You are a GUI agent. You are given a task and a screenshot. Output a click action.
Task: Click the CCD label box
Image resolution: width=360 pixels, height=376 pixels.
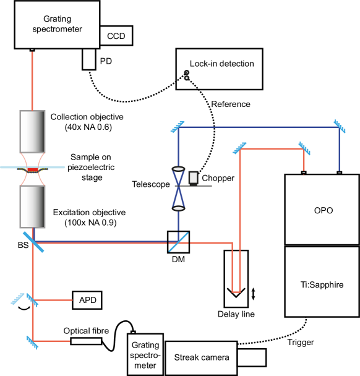[x=116, y=36]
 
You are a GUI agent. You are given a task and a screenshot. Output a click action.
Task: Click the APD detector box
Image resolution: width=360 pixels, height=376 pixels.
[x=87, y=300]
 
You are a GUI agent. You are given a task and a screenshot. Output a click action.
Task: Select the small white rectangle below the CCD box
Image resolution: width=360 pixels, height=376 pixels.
[x=89, y=59]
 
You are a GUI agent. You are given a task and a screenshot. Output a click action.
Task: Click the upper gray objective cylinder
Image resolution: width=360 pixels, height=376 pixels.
[x=32, y=131]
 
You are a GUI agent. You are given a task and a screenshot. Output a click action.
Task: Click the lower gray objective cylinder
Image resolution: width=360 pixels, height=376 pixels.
[x=32, y=207]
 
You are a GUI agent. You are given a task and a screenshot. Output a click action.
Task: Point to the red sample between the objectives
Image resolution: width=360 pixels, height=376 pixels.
[x=32, y=169]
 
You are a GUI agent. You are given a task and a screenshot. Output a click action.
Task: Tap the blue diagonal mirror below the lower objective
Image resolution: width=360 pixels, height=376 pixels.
[x=33, y=242]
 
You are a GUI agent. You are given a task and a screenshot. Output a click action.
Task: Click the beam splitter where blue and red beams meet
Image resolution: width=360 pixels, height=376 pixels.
[x=178, y=242]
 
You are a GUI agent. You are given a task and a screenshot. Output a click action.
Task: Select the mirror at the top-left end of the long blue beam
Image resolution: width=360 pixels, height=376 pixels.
[x=178, y=127]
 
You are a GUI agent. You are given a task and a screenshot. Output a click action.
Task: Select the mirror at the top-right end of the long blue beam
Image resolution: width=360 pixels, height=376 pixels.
[x=339, y=127]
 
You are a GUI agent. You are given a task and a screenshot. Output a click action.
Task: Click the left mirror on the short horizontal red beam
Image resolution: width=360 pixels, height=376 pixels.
[x=239, y=148]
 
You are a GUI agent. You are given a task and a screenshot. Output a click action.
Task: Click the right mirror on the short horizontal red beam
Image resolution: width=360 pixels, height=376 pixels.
[x=304, y=148]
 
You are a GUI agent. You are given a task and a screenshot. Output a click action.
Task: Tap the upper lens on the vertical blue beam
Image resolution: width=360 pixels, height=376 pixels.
[x=178, y=169]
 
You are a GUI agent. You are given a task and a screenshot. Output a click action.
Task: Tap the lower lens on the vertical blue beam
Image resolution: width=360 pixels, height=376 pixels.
[x=178, y=208]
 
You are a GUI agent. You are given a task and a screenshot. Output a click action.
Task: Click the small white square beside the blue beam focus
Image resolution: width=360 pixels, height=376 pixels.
[x=193, y=177]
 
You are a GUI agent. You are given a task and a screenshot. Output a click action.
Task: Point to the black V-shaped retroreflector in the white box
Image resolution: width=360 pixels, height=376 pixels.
[x=236, y=293]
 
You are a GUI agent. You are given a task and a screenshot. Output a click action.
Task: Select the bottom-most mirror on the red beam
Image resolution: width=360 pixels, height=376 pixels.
[x=32, y=341]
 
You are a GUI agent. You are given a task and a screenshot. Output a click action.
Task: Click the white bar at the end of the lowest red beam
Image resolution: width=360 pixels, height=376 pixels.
[x=86, y=341]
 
